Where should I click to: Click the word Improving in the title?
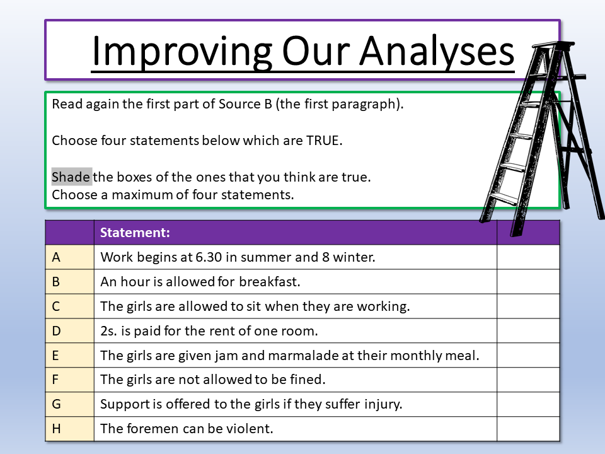click(x=182, y=52)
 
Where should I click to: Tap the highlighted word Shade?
click(x=71, y=177)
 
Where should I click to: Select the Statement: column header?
click(x=135, y=233)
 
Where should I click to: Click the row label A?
click(x=56, y=257)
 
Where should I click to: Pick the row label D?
click(x=56, y=331)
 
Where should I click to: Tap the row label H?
click(x=56, y=429)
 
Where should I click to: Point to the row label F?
click(x=55, y=380)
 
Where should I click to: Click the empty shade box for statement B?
click(x=528, y=281)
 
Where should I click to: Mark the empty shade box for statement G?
click(x=528, y=404)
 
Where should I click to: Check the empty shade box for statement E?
click(x=528, y=355)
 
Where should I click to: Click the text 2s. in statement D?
click(x=108, y=331)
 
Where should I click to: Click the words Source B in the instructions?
click(x=245, y=104)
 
